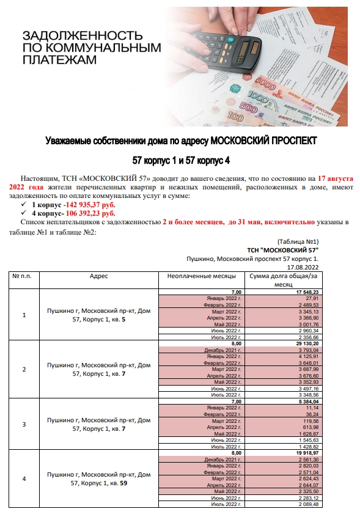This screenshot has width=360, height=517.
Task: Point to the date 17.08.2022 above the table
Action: pos(303,267)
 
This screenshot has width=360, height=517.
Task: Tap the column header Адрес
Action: pos(99,276)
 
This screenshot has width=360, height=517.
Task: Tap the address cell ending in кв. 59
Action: pos(99,479)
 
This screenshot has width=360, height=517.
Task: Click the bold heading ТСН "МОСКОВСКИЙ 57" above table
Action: pos(283,250)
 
